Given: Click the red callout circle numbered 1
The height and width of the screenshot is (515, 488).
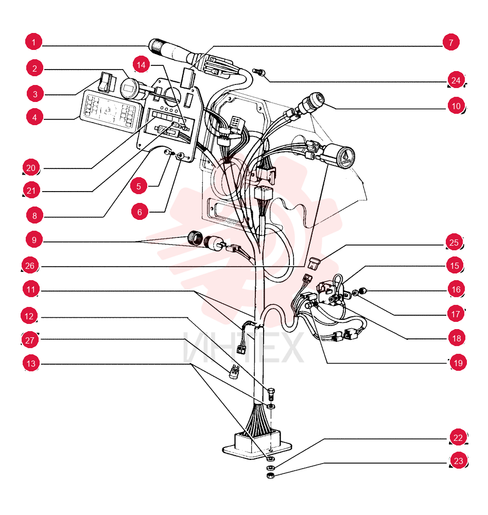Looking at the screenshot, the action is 33,42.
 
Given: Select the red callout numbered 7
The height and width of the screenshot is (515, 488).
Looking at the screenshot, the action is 451,42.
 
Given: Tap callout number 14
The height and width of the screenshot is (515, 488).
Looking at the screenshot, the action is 141,65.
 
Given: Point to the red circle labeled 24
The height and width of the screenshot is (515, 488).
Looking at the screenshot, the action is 456,80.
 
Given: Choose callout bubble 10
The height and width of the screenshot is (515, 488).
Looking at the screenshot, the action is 456,106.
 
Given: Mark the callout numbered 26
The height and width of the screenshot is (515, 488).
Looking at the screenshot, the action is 30,265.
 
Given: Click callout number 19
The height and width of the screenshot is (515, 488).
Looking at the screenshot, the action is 458,363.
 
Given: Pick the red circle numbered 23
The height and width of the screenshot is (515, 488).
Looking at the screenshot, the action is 459,460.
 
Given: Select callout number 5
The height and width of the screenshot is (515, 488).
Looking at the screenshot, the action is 138,186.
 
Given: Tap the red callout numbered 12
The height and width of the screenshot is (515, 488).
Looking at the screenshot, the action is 29,316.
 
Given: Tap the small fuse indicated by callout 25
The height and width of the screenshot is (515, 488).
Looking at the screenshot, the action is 315,263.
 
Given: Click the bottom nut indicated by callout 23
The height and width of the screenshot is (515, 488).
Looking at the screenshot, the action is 271,476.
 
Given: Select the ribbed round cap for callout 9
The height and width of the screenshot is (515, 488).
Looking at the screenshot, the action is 195,238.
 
